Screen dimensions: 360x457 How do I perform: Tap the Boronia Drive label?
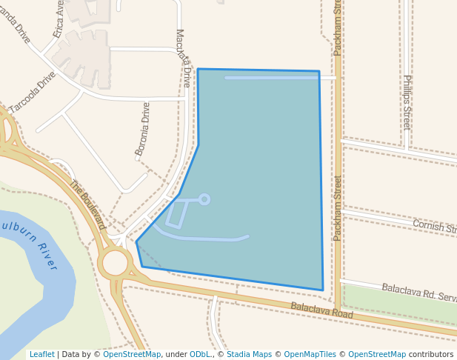pos(142,129)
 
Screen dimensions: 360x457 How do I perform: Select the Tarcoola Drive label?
pos(33,92)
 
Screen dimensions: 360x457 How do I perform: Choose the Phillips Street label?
pos(407,102)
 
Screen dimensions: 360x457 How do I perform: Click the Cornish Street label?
pos(435,226)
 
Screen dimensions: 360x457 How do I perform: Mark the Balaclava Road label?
pos(321,310)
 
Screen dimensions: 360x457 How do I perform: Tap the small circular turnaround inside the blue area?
pos(204,199)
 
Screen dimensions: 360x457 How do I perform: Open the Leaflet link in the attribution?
pos(41,354)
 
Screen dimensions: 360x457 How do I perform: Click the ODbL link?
pos(199,354)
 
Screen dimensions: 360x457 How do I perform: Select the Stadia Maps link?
pos(249,354)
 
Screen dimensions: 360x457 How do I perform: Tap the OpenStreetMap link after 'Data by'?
pos(132,354)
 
